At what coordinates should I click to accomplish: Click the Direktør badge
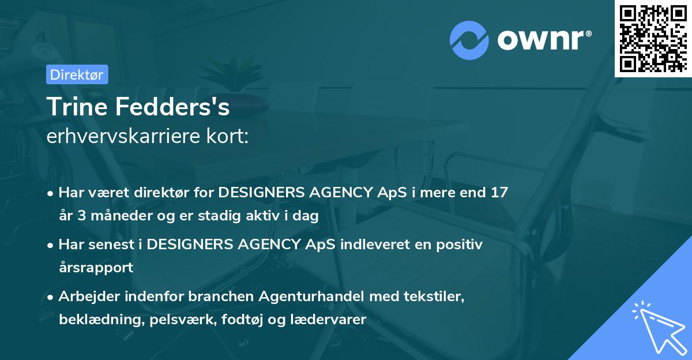[x=77, y=74]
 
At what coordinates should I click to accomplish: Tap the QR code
[x=653, y=38]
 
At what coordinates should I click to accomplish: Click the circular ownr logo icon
[x=468, y=40]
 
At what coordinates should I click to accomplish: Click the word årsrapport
[x=96, y=268]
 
